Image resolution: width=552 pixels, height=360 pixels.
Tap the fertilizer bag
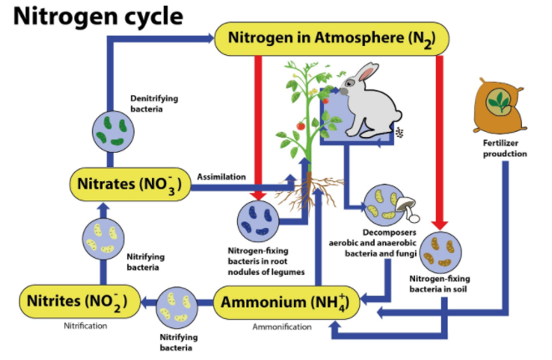[x=501, y=106]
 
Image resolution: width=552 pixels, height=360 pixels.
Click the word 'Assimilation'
[x=221, y=176]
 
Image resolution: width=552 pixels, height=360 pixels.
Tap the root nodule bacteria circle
[x=260, y=220]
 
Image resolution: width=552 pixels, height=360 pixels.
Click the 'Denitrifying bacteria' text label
[x=153, y=103]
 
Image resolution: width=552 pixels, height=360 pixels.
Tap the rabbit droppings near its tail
[x=398, y=132]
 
